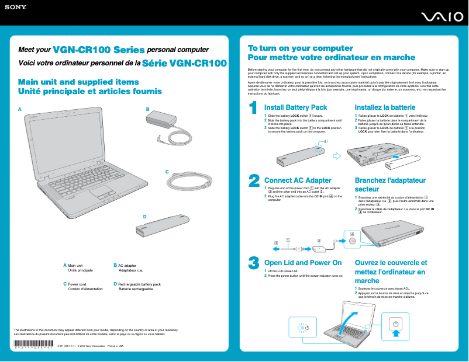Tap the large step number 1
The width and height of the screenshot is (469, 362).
point(253,108)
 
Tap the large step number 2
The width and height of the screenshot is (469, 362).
point(254,180)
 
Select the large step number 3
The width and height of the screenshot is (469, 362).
point(254,263)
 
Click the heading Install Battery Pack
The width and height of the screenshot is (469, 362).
point(295,107)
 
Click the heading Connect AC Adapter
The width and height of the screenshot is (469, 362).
point(298,180)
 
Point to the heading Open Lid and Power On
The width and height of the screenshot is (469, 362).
point(303,263)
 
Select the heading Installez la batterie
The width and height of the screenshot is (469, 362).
point(385,107)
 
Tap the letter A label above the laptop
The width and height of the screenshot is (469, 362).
point(19,109)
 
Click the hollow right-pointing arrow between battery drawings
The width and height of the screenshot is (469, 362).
point(336,156)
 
